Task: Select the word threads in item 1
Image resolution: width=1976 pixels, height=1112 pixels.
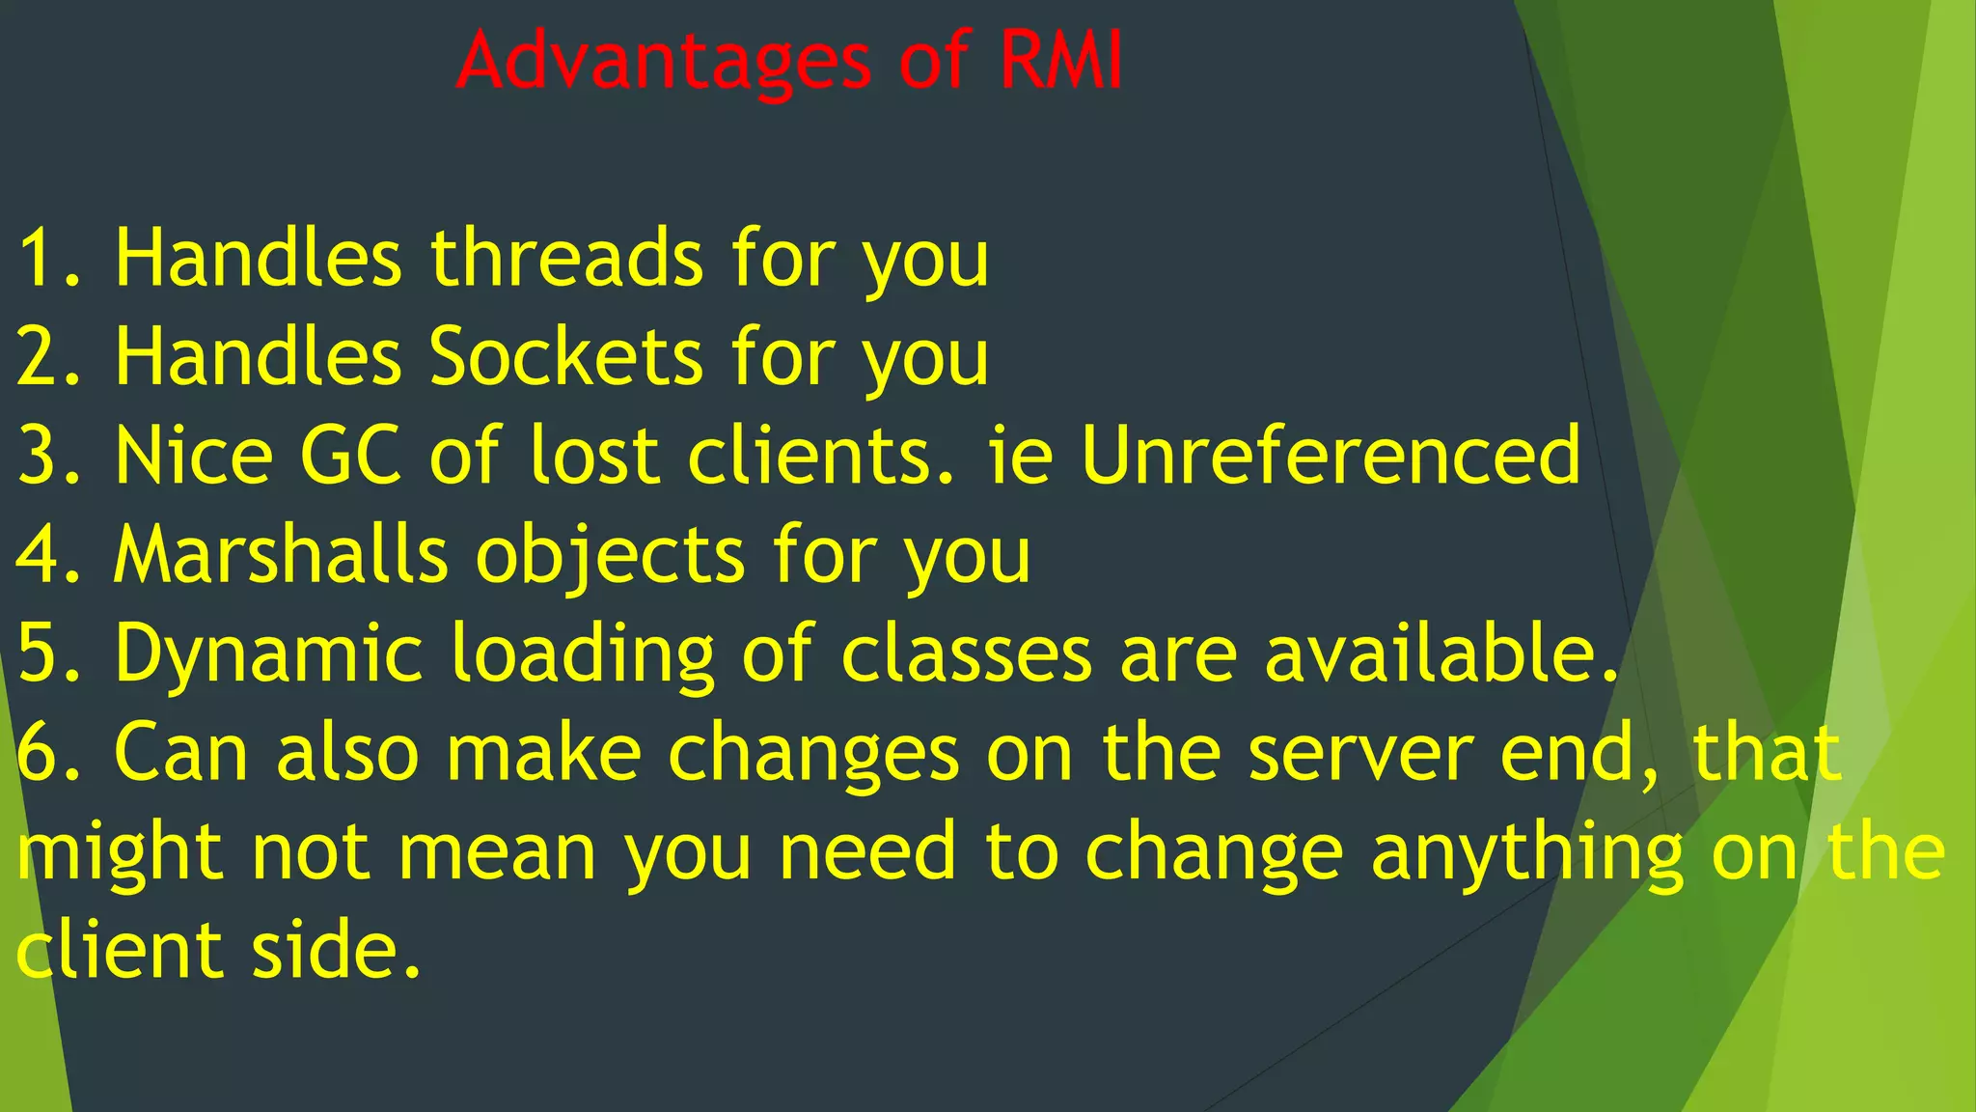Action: point(566,259)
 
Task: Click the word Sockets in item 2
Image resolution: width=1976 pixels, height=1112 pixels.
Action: point(566,357)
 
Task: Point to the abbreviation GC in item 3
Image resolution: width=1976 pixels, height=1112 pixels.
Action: point(350,456)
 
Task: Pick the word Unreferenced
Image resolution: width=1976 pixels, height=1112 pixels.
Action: point(1331,456)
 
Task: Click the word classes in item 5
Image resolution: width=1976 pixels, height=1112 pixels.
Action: point(966,653)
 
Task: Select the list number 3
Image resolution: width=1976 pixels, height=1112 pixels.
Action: point(39,456)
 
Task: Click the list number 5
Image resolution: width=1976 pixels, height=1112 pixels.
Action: point(39,653)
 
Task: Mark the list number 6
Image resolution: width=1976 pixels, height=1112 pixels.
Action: point(39,754)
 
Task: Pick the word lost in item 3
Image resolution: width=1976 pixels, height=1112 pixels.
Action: point(593,456)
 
